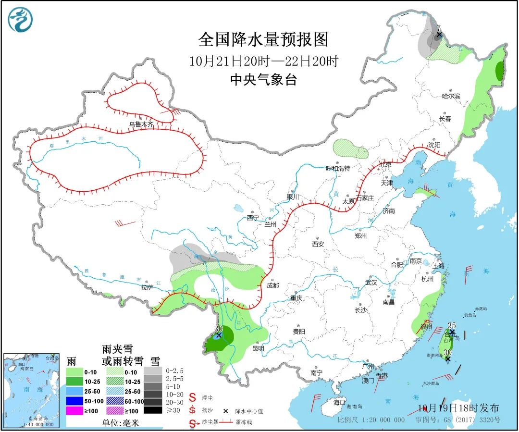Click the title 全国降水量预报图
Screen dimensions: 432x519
pyautogui.click(x=263, y=39)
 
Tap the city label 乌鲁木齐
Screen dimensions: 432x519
pyautogui.click(x=141, y=124)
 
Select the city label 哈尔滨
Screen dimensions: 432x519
pyautogui.click(x=451, y=96)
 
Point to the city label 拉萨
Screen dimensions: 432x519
pyautogui.click(x=147, y=287)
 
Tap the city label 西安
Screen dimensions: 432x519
pyautogui.click(x=318, y=244)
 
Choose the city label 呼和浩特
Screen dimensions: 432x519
pyautogui.click(x=338, y=168)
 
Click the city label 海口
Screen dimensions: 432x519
pyautogui.click(x=339, y=402)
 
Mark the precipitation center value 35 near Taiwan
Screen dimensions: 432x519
pyautogui.click(x=451, y=325)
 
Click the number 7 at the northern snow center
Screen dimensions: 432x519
pyautogui.click(x=438, y=28)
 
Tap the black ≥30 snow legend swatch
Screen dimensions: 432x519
pyautogui.click(x=152, y=410)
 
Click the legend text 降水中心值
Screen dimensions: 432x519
pyautogui.click(x=249, y=411)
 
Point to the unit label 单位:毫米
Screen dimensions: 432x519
pyautogui.click(x=120, y=423)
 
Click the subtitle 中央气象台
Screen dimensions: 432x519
pyautogui.click(x=263, y=80)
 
